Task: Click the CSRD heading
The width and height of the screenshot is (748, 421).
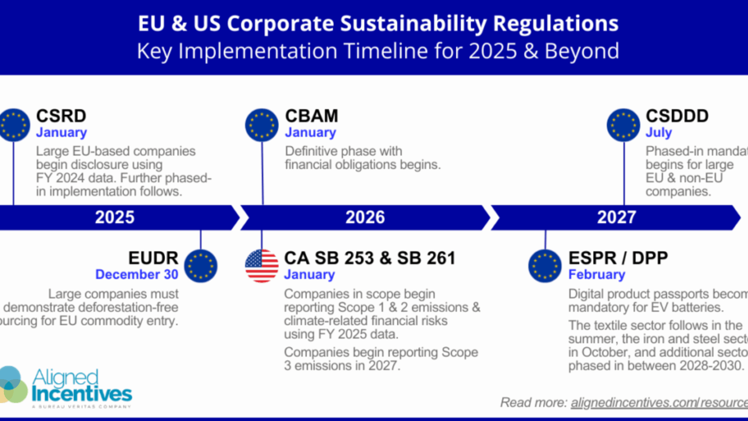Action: (x=61, y=116)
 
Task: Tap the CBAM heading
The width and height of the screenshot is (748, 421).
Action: (x=312, y=116)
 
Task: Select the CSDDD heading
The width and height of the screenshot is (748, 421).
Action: (x=677, y=116)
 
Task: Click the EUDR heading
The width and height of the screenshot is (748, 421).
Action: (x=153, y=258)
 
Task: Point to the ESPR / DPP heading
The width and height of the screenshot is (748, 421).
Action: (x=618, y=258)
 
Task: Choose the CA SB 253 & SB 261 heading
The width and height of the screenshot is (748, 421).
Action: (x=370, y=258)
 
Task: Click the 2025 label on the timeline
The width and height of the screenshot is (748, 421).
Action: (x=115, y=217)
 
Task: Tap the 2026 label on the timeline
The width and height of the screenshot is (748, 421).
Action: (x=365, y=217)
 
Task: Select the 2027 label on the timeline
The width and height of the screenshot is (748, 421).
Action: (x=616, y=217)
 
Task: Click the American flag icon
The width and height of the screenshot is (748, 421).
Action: (x=261, y=266)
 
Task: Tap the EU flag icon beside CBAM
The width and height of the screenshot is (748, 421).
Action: (x=261, y=125)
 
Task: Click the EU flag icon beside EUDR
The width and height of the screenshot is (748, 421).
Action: (x=201, y=266)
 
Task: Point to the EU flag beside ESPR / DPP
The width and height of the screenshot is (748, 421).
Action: (x=545, y=266)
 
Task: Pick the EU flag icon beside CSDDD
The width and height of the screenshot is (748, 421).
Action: (x=623, y=125)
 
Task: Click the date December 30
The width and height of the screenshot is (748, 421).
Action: (x=136, y=274)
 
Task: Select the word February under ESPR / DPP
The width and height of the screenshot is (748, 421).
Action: (x=596, y=274)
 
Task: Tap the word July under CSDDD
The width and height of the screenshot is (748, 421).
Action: (x=658, y=133)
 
